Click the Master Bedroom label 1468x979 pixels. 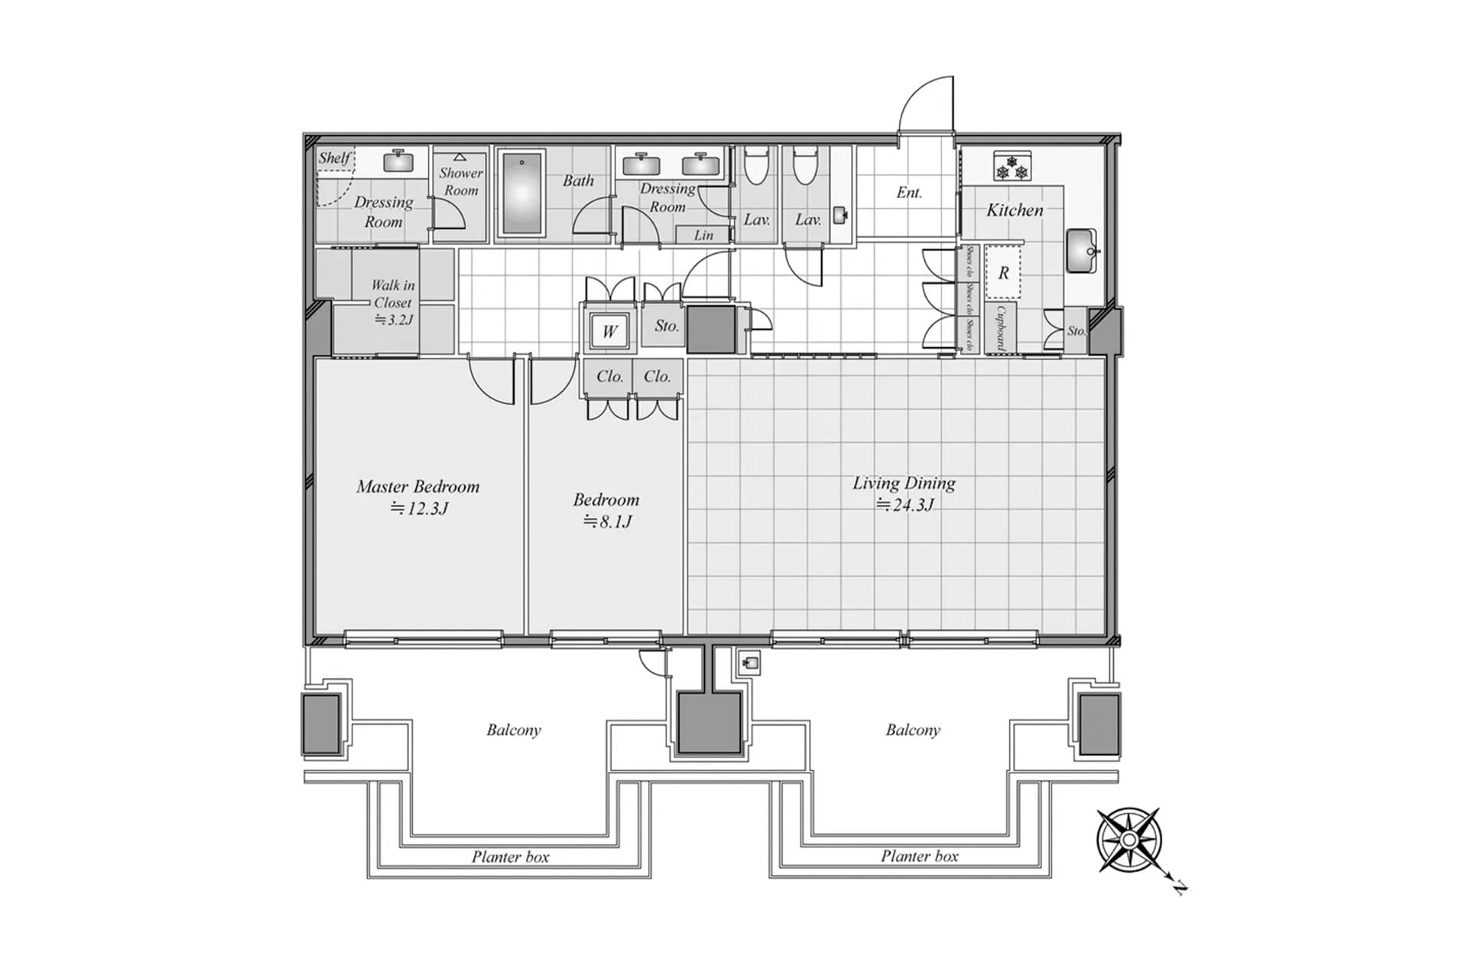tap(417, 486)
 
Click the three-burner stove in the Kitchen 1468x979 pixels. tap(1013, 167)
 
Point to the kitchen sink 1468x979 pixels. tap(1080, 251)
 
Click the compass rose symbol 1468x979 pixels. tap(1129, 840)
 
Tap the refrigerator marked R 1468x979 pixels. tap(1004, 272)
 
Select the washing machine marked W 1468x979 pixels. tap(609, 330)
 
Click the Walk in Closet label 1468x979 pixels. tap(393, 294)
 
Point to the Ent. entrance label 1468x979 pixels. tap(909, 193)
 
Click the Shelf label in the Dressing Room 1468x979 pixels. tap(334, 158)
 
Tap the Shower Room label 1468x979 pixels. tap(461, 181)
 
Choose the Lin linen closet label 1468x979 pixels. tap(703, 236)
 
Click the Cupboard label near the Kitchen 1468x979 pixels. tap(999, 327)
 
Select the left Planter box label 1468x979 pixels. tap(510, 857)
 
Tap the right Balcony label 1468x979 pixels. tap(913, 730)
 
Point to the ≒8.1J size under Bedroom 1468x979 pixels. tap(607, 522)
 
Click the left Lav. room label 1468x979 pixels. tap(756, 220)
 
